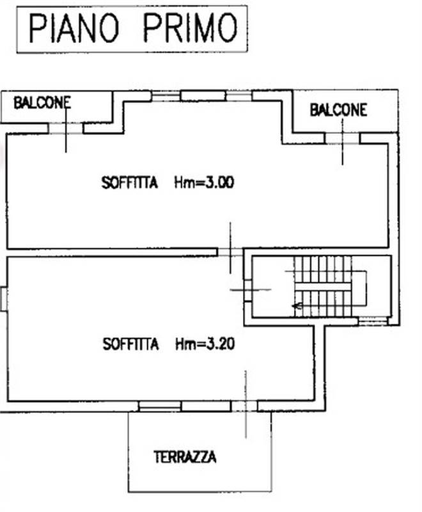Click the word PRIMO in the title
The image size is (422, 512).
point(190,29)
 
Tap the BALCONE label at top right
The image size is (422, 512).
point(338,110)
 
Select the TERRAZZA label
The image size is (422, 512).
point(185,457)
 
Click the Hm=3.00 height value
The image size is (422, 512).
point(204,182)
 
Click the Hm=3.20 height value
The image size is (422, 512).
point(205,344)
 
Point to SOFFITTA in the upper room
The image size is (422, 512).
point(129,182)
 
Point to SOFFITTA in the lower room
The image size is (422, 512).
point(130,344)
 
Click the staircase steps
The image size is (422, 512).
point(323,286)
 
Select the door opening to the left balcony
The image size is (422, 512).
point(66,128)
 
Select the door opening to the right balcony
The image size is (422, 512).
point(342,138)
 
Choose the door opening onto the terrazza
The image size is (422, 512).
point(245,406)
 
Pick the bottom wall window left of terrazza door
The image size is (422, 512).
point(160,406)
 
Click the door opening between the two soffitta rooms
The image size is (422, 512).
point(230,252)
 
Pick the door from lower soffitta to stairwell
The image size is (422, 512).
point(247,289)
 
